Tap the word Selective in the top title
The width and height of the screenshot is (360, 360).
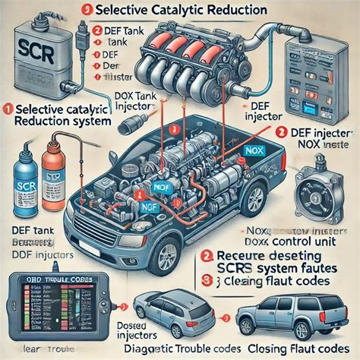130,11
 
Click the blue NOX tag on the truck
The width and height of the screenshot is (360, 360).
253,151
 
